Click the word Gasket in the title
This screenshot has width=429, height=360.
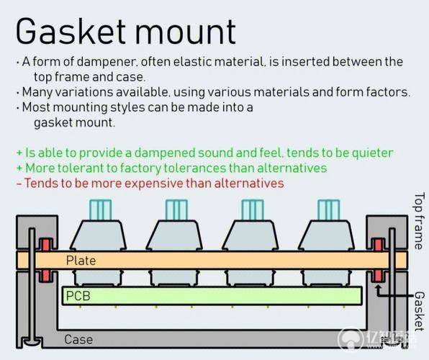coord(71,31)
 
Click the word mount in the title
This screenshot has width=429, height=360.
coord(186,32)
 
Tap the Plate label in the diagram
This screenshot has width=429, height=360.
coord(81,261)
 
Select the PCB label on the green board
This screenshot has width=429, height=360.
coord(78,296)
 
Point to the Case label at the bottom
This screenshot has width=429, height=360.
coord(78,340)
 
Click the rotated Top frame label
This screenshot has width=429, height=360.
coord(420,220)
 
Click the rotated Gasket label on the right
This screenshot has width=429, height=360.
coord(420,311)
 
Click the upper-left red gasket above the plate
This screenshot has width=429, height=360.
coord(45,245)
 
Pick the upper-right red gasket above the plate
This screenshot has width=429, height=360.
coord(379,245)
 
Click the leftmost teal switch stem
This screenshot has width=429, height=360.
coord(100,210)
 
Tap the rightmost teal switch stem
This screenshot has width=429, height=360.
coord(329,210)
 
